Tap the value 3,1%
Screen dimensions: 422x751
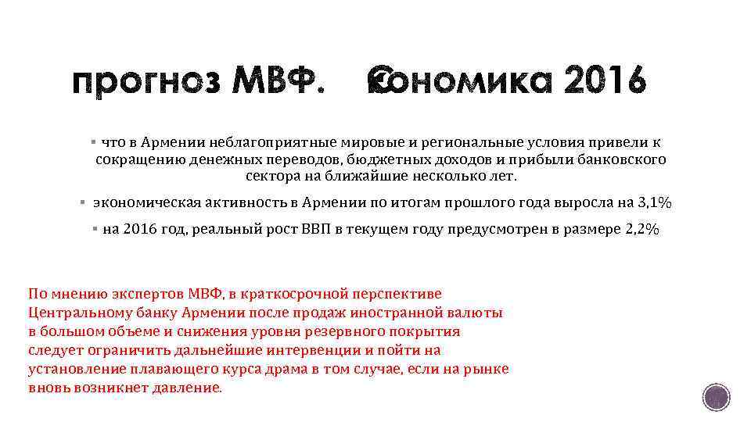pyautogui.click(x=655, y=202)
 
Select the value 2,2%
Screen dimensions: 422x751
pyautogui.click(x=641, y=231)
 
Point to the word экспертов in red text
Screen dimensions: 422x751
pyautogui.click(x=141, y=294)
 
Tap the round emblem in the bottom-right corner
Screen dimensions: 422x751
pyautogui.click(x=715, y=397)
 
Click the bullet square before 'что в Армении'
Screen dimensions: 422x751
pyautogui.click(x=93, y=142)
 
